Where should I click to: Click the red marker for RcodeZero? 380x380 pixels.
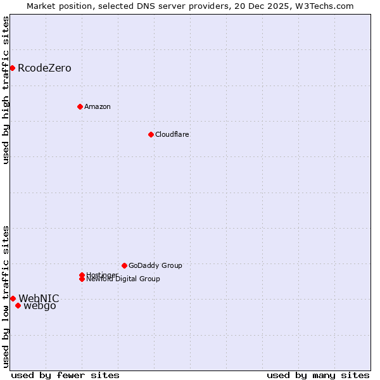(12, 68)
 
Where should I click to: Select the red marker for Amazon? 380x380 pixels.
(80, 106)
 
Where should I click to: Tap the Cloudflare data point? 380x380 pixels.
(151, 134)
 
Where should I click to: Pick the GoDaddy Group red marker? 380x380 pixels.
(124, 265)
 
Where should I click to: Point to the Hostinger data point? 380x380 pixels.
(82, 275)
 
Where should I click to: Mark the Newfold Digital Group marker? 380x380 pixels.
(82, 279)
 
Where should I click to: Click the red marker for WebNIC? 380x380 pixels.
(13, 298)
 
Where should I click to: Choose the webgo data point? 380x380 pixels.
(18, 306)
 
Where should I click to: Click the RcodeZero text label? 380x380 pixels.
(44, 68)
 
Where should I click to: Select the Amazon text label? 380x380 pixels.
(98, 106)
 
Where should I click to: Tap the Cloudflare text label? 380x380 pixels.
(172, 134)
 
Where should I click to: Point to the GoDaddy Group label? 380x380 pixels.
(155, 265)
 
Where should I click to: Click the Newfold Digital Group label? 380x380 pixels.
(123, 279)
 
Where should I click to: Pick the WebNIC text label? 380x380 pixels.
(39, 298)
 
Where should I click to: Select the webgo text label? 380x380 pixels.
(40, 307)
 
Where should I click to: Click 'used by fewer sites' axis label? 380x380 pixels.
(65, 375)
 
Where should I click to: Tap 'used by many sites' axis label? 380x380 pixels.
(318, 375)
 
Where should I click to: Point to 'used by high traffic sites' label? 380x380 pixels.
(6, 90)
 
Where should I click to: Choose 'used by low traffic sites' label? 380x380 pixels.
(6, 296)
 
